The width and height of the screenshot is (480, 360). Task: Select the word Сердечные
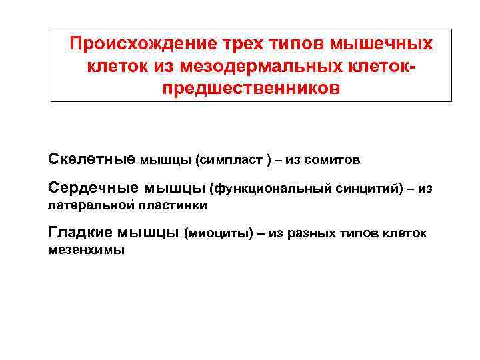[x=93, y=189]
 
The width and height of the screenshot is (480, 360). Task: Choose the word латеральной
[x=81, y=206]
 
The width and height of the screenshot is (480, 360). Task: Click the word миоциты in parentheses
[x=219, y=233]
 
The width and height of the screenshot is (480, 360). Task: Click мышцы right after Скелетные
[x=165, y=161]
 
